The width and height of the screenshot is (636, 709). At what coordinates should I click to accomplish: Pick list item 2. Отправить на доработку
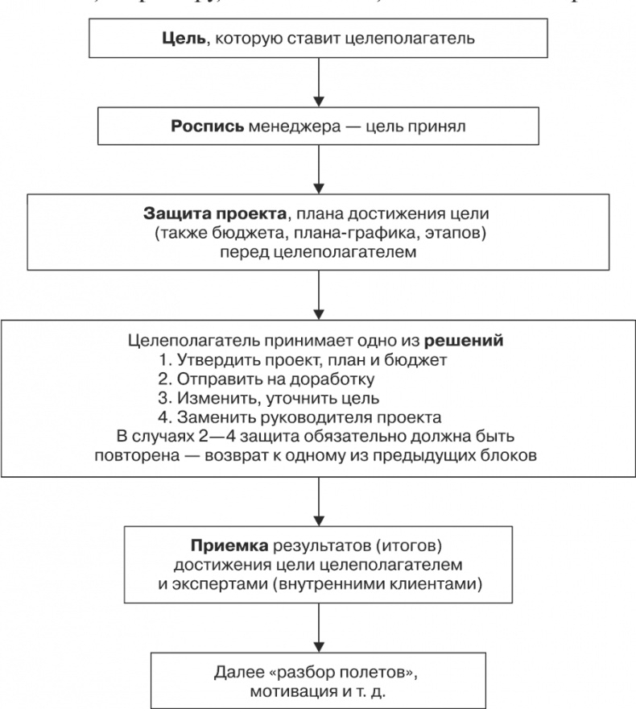point(290,379)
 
